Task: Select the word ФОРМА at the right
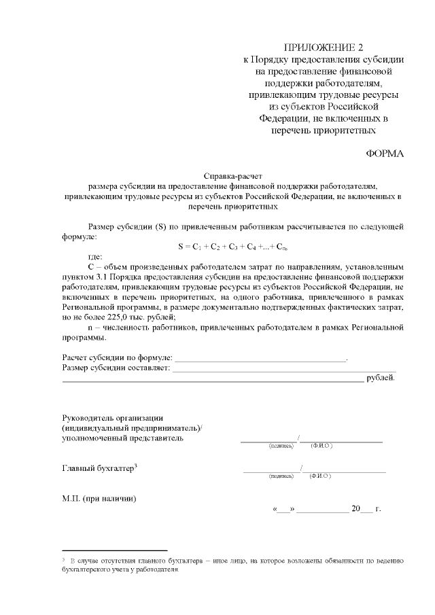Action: (385, 154)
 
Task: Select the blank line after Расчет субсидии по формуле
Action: (260, 357)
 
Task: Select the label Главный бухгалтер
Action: (99, 468)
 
